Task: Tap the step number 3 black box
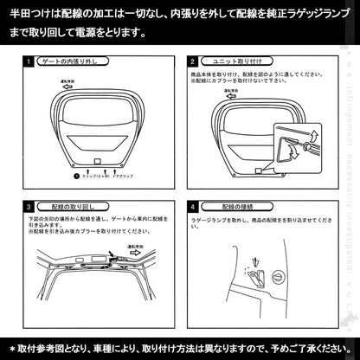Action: point(30,209)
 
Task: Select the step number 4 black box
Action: point(193,209)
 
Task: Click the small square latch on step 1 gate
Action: point(98,162)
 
